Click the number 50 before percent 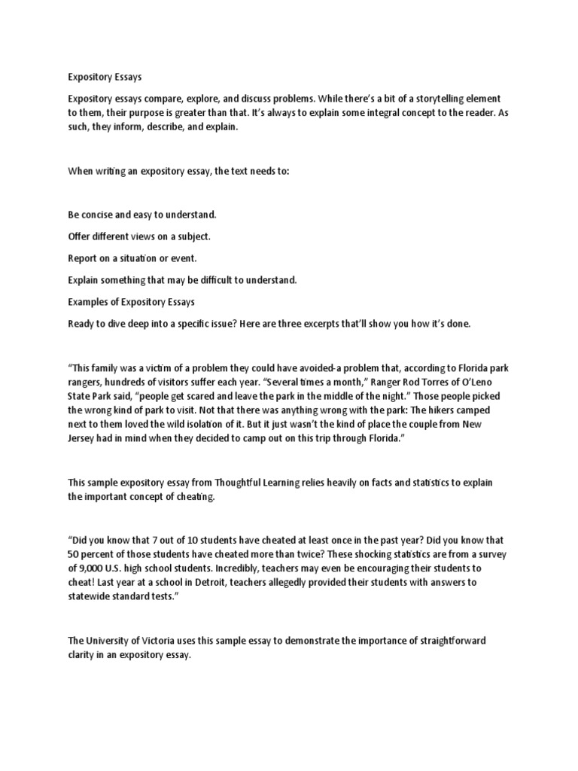click(75, 554)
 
